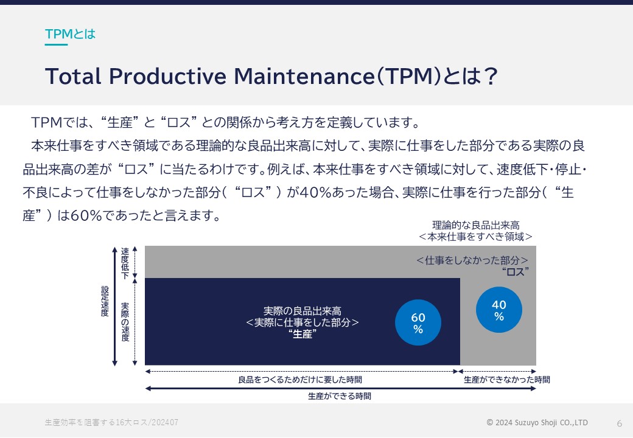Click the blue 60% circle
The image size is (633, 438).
[418, 322]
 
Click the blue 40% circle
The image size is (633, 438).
[499, 310]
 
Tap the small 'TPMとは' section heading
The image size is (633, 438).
[70, 34]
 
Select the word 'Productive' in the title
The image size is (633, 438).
[167, 76]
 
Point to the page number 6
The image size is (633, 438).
[619, 423]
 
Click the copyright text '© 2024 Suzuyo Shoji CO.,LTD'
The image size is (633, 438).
[537, 422]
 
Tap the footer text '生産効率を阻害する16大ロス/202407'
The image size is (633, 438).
[111, 422]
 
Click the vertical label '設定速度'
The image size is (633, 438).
[105, 301]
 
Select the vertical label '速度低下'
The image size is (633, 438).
[125, 263]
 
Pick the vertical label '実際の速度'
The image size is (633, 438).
[125, 322]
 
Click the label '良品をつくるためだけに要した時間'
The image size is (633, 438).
[300, 380]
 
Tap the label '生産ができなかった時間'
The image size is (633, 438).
[506, 380]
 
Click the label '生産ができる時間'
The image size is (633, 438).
[340, 396]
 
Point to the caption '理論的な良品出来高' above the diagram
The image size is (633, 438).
[475, 225]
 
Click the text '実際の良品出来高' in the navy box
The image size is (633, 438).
[303, 311]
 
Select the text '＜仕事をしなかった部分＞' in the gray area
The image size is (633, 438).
[472, 260]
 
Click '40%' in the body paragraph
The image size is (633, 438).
[315, 192]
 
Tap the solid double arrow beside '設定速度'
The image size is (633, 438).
[114, 306]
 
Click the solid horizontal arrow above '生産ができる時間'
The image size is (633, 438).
[340, 388]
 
